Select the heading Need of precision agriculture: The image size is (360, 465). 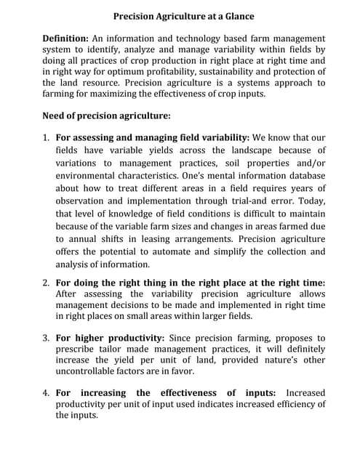(x=107, y=116)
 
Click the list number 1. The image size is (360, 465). (x=45, y=137)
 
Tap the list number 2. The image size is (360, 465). (x=45, y=283)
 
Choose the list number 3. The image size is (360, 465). (x=45, y=338)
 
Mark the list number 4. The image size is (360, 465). (x=45, y=393)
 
